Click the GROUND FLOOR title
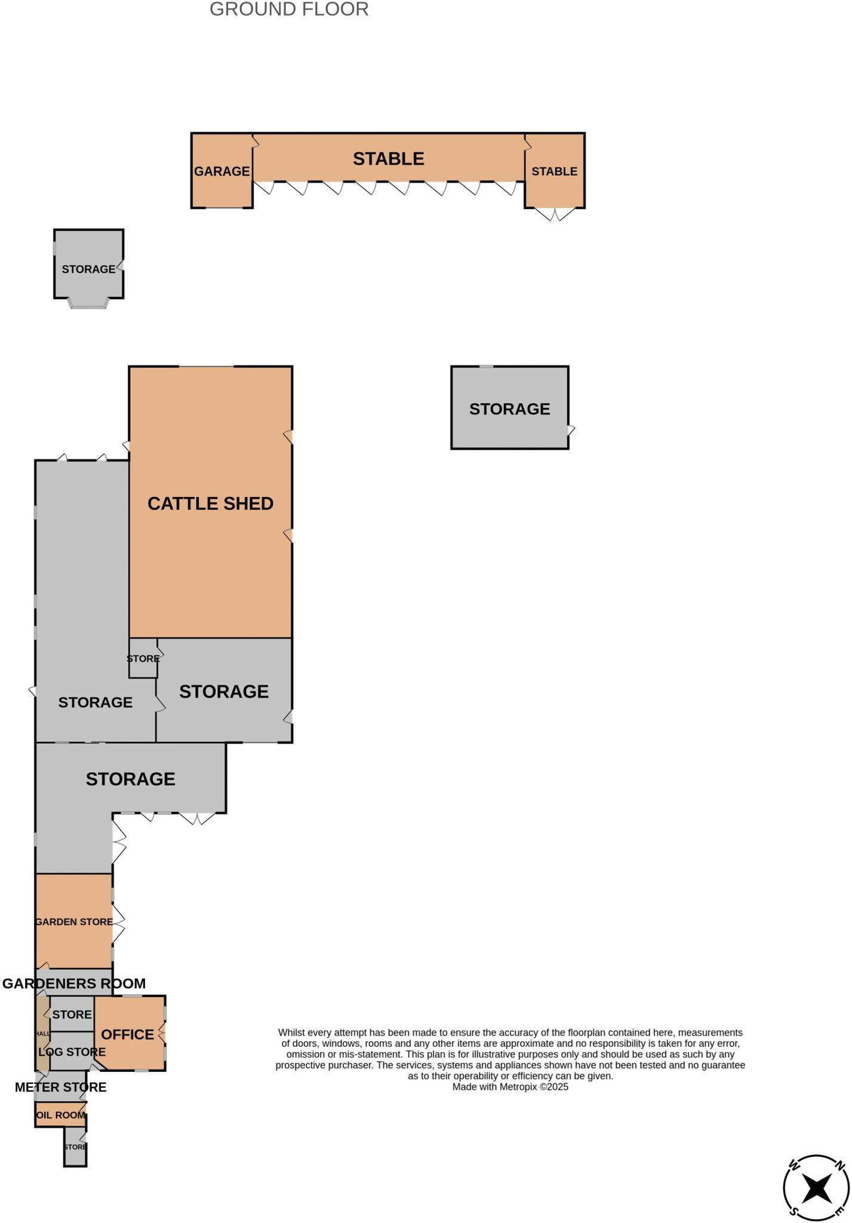point(289,10)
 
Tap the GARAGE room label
point(222,171)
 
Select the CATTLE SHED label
point(210,503)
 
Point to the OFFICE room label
point(127,1034)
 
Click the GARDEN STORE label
point(74,921)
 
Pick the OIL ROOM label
point(60,1115)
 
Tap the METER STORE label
point(61,1087)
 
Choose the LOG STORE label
point(72,1052)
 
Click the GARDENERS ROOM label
point(74,984)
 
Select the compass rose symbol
point(816,1188)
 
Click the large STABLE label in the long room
point(388,159)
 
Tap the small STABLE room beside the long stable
point(554,171)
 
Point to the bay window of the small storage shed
point(88,304)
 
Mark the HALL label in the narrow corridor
point(43,1033)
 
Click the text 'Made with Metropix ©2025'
point(510,1087)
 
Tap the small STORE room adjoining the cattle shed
point(143,658)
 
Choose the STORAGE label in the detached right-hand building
point(509,409)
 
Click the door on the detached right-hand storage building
point(571,430)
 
